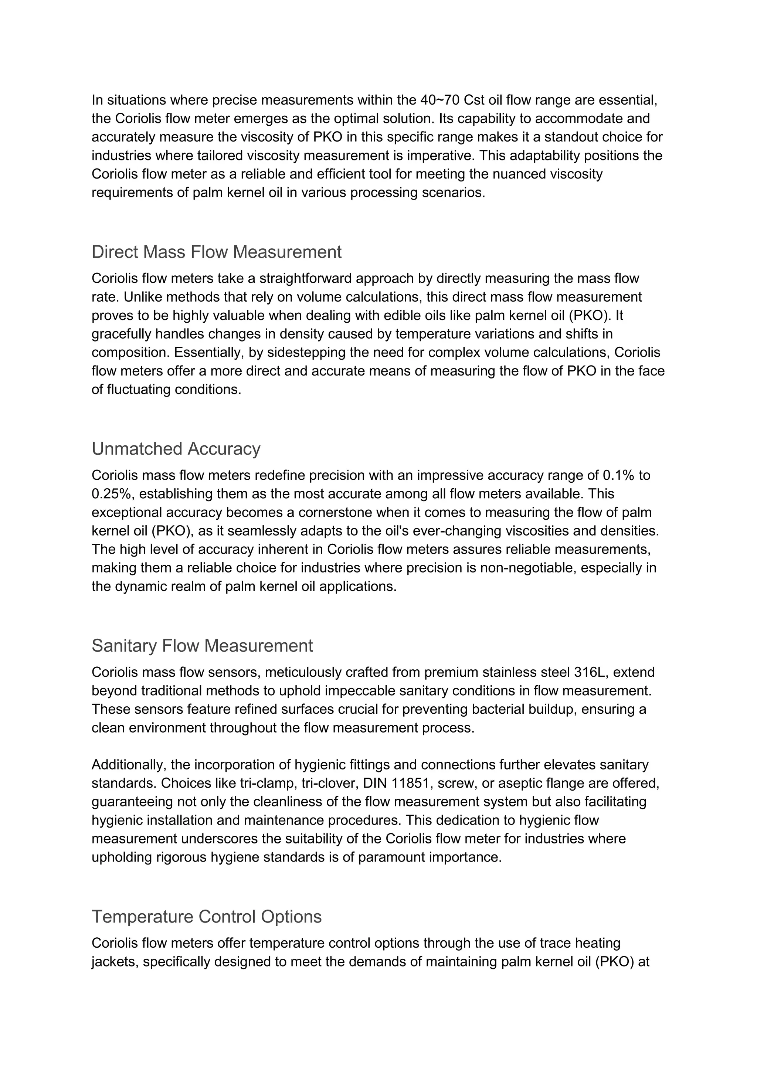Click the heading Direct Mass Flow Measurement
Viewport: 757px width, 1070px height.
click(216, 252)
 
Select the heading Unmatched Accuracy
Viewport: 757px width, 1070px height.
click(176, 449)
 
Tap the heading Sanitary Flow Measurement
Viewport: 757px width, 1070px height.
click(202, 646)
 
